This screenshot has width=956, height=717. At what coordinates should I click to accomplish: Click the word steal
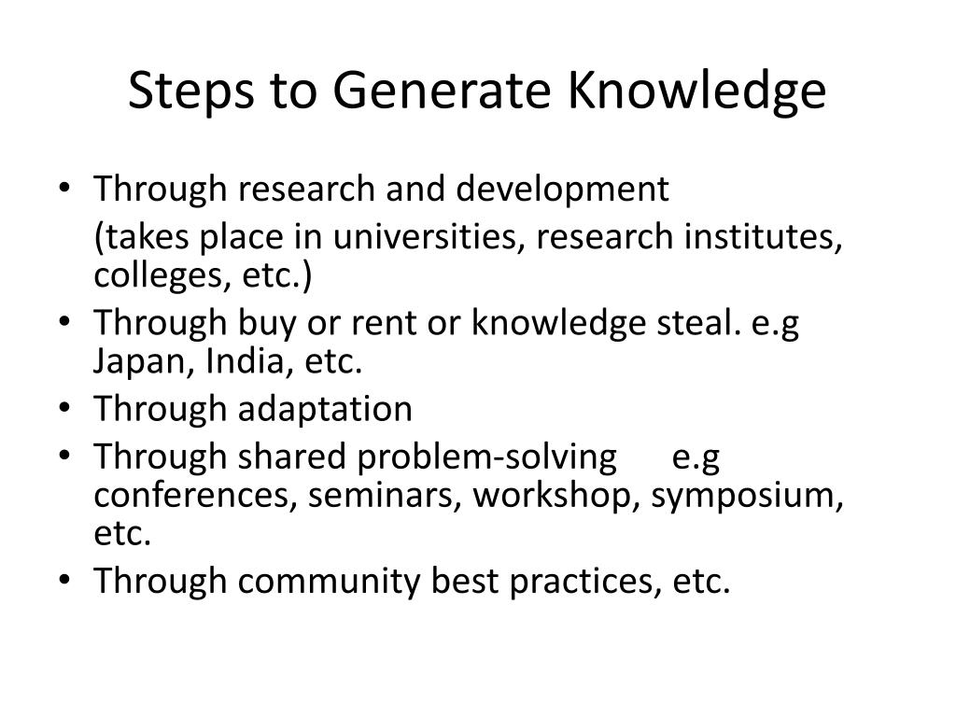pos(696,324)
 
